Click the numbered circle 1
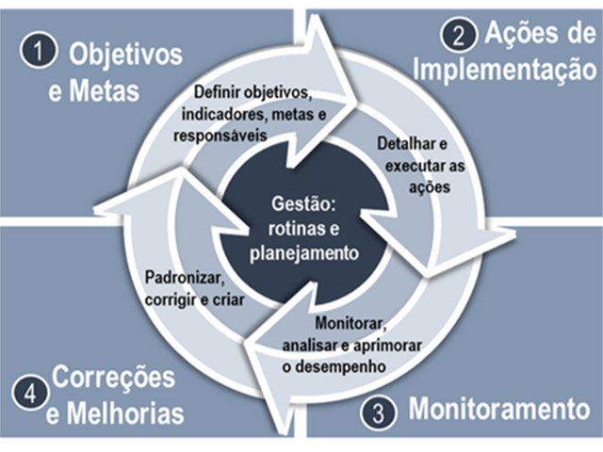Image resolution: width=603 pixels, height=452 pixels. [x=39, y=52]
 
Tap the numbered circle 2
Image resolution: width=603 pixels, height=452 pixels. [x=459, y=36]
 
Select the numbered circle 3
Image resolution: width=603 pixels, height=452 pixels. [x=379, y=414]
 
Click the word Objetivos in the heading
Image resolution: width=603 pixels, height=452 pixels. [x=125, y=55]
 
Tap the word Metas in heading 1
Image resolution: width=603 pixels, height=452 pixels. [x=104, y=91]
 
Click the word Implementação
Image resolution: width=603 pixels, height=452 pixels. [x=507, y=69]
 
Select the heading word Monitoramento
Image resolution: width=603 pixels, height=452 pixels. [x=498, y=409]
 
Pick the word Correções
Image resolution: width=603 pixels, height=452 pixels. [x=113, y=378]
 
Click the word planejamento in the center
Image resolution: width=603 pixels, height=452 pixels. [x=304, y=253]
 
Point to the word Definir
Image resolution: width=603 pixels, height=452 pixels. [x=217, y=92]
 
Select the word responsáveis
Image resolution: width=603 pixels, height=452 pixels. [x=220, y=136]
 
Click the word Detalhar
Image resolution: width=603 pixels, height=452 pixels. [x=406, y=144]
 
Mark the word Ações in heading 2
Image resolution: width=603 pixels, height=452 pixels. [x=515, y=35]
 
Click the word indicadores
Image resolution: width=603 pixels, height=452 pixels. [x=224, y=114]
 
